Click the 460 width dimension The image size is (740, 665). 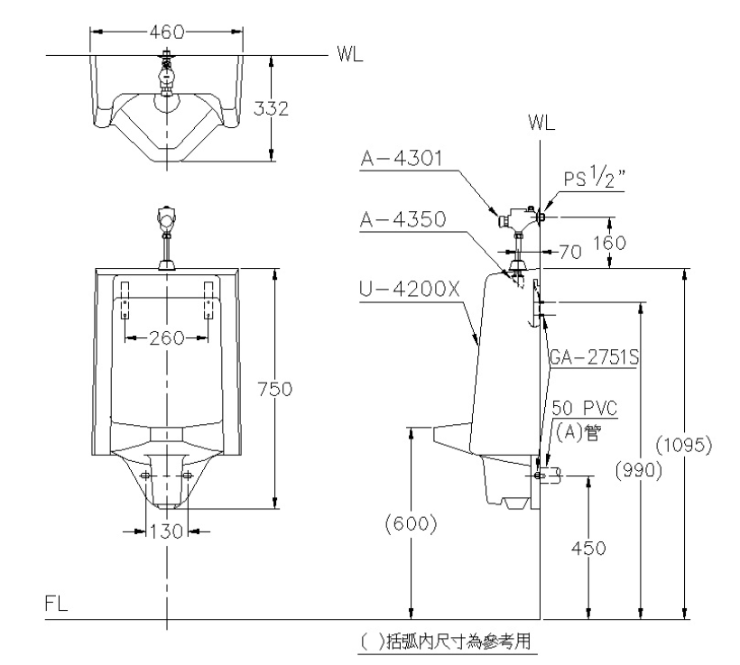tap(167, 32)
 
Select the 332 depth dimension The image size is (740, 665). tap(271, 108)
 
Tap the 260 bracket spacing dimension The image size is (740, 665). tap(166, 338)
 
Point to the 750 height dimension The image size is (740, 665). tap(275, 389)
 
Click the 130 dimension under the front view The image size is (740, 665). tap(166, 531)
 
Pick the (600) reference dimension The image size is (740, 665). tap(411, 524)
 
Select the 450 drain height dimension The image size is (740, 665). tap(588, 548)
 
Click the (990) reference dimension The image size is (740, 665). tap(639, 470)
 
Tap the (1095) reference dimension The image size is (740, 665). tap(684, 445)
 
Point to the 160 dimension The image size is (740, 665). tap(609, 243)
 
